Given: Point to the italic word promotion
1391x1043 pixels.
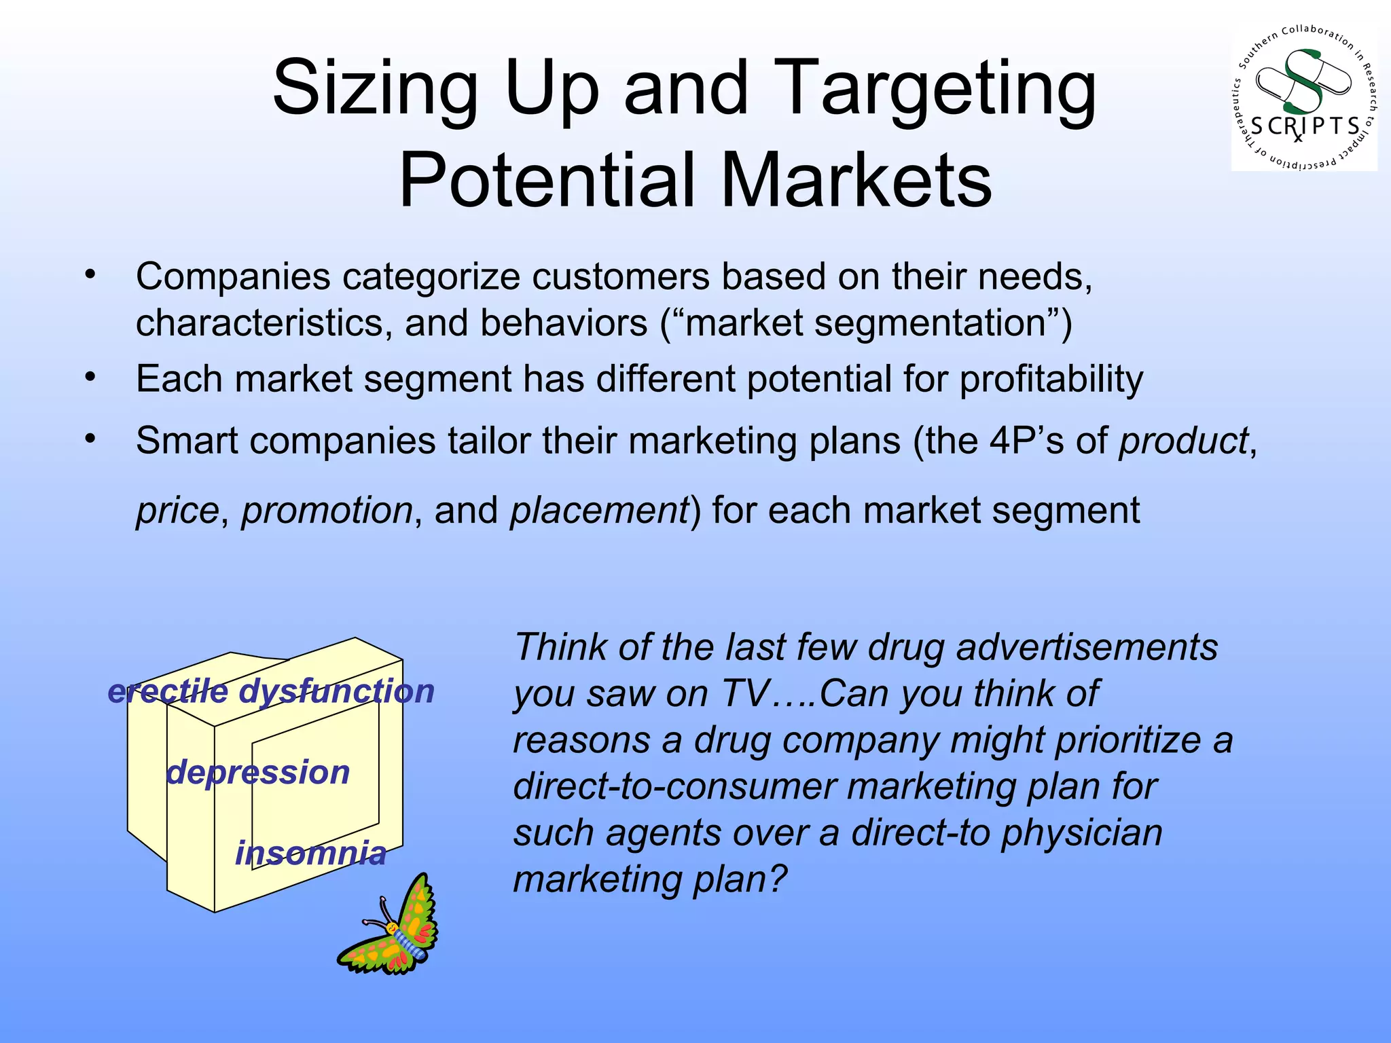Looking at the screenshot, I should [x=327, y=511].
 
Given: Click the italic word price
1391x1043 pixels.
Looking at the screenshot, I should [x=177, y=511].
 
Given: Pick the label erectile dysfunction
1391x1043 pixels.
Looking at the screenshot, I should [x=271, y=692].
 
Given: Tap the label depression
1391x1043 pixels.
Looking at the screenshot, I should [x=257, y=773].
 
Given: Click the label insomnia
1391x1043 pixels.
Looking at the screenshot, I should [x=310, y=854].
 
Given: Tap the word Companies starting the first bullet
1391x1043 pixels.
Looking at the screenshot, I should [x=233, y=277].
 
